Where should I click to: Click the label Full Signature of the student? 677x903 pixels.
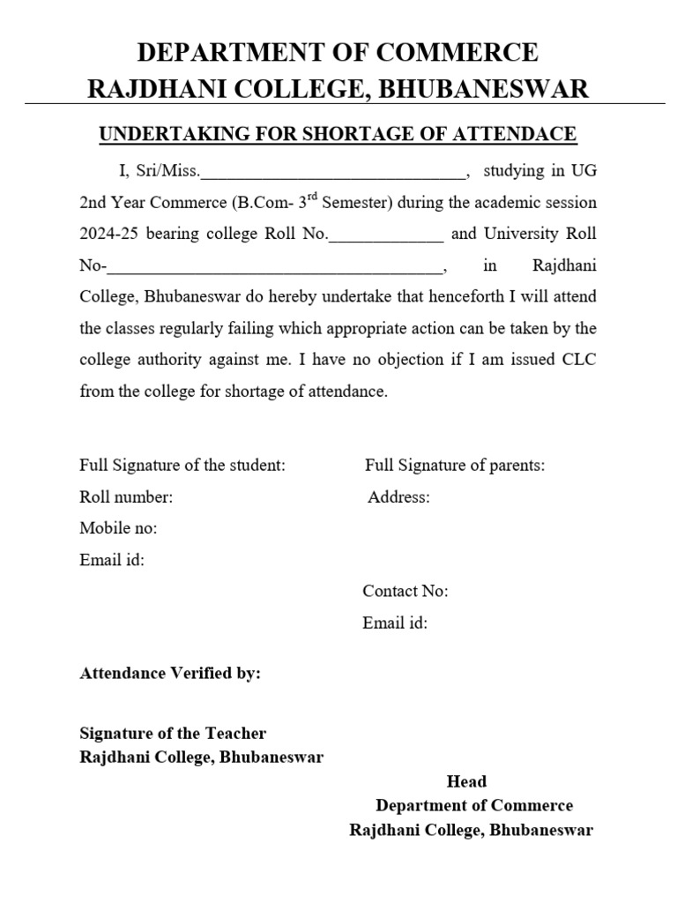(x=182, y=465)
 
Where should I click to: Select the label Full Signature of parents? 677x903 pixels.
(x=455, y=465)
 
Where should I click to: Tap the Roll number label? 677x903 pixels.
(x=126, y=496)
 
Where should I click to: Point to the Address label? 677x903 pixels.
(x=398, y=496)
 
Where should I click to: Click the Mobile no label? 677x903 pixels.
(x=118, y=528)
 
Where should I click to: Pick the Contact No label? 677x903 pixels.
(x=405, y=591)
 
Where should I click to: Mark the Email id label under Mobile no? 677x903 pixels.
(x=112, y=559)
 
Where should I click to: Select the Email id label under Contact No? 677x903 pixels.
(x=395, y=623)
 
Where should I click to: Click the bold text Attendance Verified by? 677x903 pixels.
(x=170, y=673)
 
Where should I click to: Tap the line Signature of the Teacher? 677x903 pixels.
(x=173, y=733)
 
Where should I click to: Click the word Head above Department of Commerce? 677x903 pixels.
(x=466, y=781)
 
